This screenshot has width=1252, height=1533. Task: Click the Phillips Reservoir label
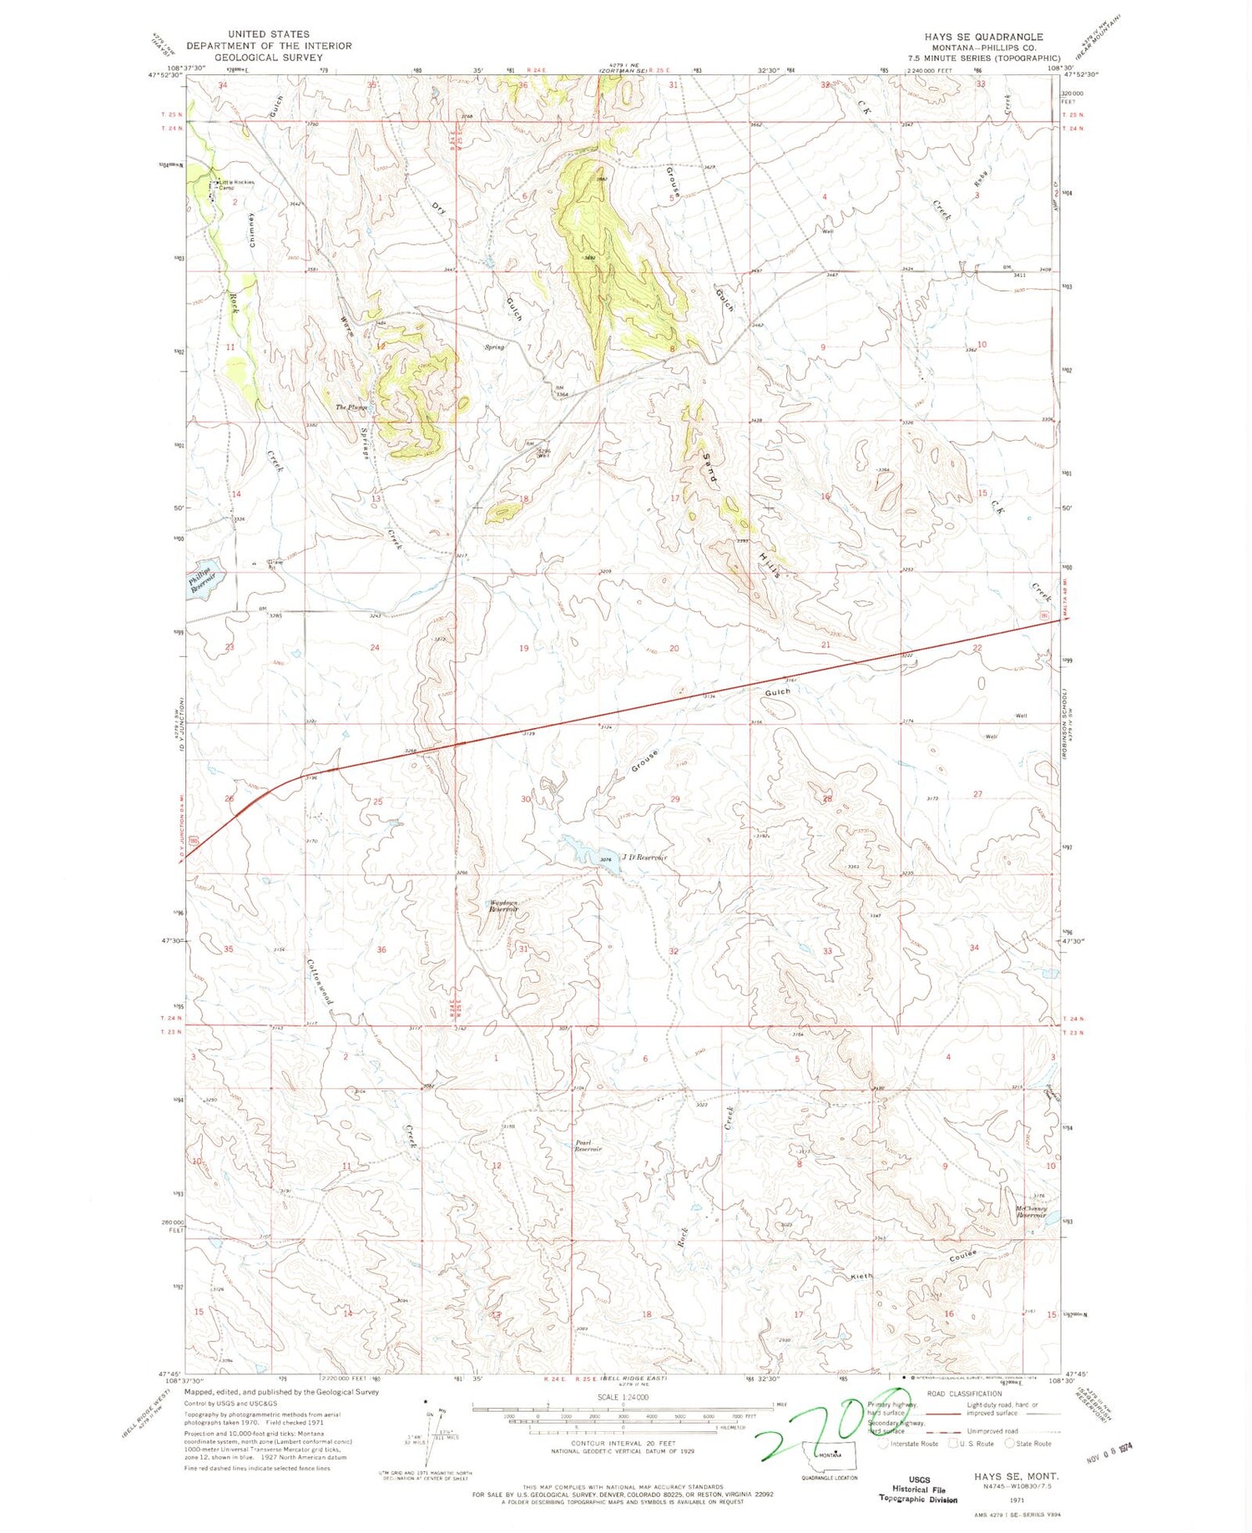coord(200,579)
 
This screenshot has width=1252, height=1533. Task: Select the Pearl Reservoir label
coord(588,1146)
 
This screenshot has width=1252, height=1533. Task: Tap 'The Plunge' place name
coord(351,407)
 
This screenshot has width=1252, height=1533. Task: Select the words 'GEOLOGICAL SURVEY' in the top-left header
coord(268,58)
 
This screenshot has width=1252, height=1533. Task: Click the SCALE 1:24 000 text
coord(622,1397)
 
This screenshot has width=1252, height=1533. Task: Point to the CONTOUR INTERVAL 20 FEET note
coord(623,1443)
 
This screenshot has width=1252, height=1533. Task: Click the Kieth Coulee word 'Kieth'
coord(861,1277)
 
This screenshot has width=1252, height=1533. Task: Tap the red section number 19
coord(523,648)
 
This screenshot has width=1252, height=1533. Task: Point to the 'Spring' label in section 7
coord(495,347)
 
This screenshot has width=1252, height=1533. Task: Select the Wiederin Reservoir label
coord(504,906)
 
